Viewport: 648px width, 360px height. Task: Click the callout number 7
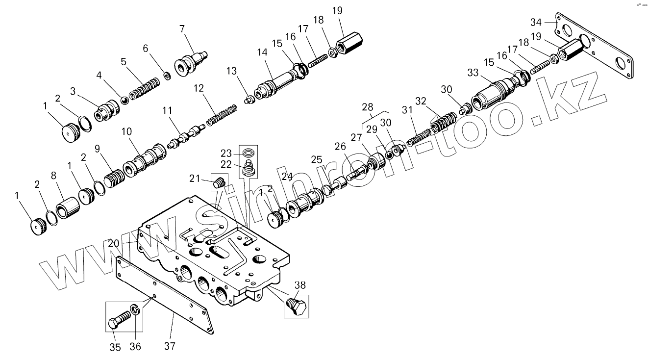(x=182, y=29)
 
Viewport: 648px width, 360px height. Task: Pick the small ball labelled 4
(x=125, y=101)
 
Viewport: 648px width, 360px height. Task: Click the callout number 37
(x=170, y=346)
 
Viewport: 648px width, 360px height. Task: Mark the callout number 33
(x=473, y=73)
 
